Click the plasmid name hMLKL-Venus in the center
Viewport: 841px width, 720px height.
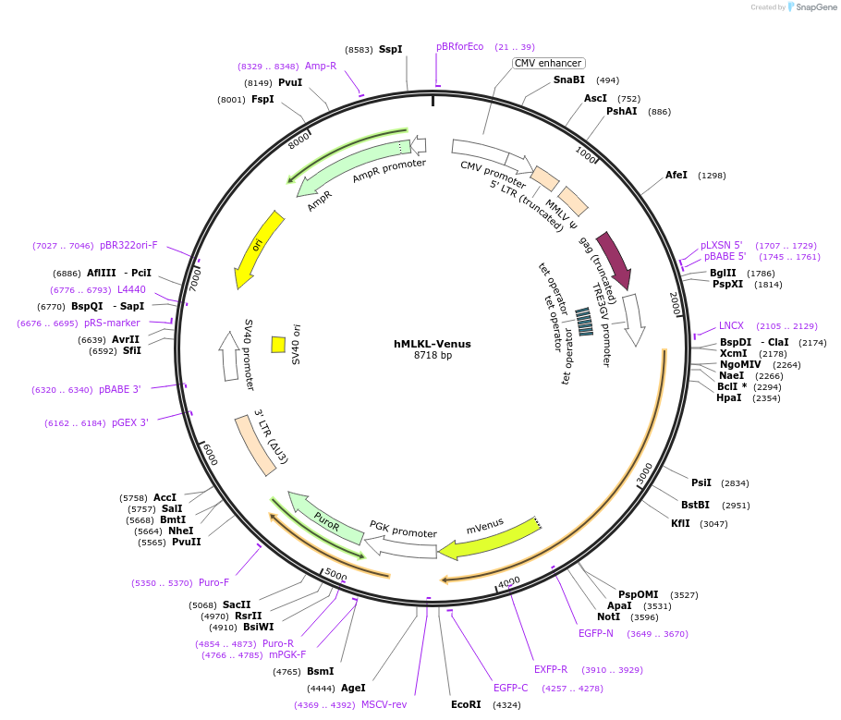432,344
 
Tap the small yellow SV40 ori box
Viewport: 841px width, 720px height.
277,344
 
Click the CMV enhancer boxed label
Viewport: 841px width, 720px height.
548,64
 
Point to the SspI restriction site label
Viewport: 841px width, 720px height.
390,49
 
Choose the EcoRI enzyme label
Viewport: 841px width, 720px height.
466,704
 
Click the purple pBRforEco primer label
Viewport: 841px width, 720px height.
459,46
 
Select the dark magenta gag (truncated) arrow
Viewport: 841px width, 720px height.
615,260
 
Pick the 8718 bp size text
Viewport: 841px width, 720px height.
433,356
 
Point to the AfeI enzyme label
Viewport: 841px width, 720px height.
676,175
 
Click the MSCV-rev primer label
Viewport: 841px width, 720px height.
384,704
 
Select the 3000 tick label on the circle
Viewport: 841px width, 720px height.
645,474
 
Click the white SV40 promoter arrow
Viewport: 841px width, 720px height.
228,356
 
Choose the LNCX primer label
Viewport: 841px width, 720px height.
731,325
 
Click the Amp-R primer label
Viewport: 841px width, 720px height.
321,66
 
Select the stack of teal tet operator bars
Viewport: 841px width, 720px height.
584,322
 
